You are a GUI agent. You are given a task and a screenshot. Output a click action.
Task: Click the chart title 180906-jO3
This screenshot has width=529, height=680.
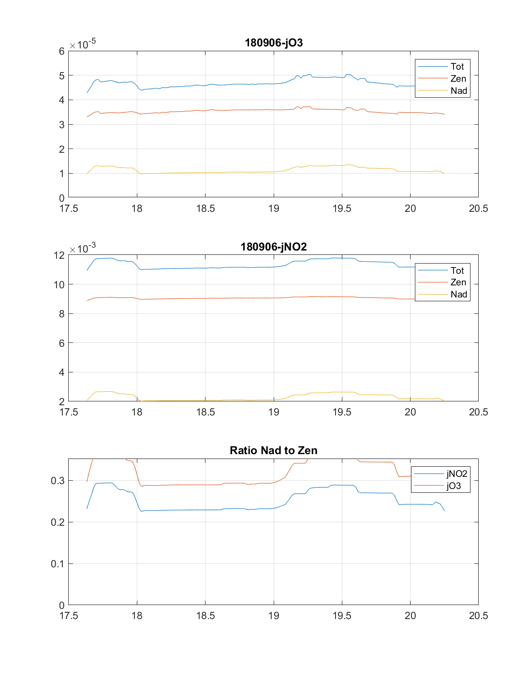tap(274, 43)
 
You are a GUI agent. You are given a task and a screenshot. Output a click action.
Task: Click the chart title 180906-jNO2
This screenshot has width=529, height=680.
tap(274, 247)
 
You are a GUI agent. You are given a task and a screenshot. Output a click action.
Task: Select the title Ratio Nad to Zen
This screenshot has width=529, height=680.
tap(274, 450)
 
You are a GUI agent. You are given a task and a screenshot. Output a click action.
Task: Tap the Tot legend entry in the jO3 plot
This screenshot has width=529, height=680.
tap(457, 67)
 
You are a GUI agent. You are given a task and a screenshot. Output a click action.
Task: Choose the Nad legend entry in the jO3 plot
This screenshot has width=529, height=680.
tap(458, 90)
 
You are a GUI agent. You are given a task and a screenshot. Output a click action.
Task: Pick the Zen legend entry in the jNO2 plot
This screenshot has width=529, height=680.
tap(458, 282)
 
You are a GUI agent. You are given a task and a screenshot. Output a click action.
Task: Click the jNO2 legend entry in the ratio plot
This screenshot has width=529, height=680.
tap(456, 474)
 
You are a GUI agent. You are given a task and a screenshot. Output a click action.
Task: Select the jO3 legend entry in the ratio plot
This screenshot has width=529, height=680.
tap(454, 486)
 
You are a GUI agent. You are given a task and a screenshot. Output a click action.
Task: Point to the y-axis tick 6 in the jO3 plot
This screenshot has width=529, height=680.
tap(61, 51)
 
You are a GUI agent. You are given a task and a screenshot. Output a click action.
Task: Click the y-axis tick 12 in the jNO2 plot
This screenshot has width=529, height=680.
tap(59, 255)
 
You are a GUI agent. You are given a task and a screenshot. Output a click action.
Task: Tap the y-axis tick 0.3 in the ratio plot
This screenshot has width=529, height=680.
tap(58, 481)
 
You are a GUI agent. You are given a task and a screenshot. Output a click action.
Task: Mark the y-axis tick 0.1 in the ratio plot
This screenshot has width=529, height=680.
tap(58, 564)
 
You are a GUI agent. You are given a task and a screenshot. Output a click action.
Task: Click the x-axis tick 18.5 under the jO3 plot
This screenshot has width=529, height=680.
tap(206, 208)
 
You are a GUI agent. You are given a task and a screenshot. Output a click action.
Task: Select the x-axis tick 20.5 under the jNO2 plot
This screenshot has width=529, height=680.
tap(478, 412)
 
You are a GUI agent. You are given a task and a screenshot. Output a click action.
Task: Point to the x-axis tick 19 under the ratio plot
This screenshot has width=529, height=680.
tap(274, 616)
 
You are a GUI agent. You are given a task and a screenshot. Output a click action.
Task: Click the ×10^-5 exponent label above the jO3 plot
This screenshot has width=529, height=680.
tap(83, 44)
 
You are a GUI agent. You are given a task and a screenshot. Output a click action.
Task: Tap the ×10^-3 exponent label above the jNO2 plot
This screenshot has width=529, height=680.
tap(83, 248)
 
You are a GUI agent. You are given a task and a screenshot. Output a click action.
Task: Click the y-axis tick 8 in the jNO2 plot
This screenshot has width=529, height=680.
tap(61, 314)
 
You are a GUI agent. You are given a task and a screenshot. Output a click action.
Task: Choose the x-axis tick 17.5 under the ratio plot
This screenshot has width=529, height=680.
tap(69, 616)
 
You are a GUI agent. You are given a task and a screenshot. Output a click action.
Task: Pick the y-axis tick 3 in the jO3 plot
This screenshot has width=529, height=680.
tap(61, 125)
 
